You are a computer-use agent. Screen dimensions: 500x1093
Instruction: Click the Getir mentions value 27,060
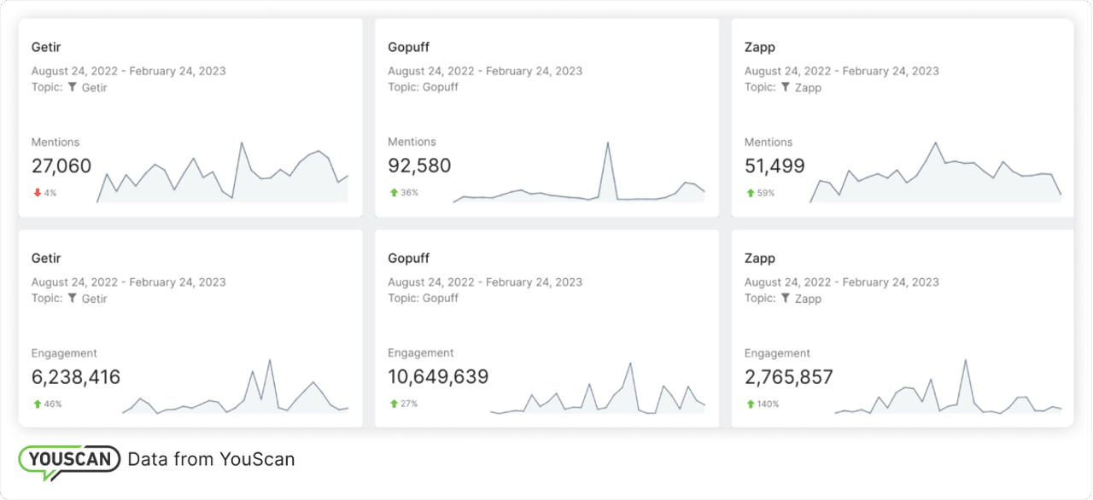[x=61, y=166]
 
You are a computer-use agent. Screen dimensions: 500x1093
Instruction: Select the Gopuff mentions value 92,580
[x=419, y=166]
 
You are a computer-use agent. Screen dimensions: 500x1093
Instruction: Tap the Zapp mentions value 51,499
[x=774, y=166]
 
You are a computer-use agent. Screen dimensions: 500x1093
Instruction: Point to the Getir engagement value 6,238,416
[x=76, y=377]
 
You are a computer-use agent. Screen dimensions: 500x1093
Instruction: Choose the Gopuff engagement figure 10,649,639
[x=438, y=377]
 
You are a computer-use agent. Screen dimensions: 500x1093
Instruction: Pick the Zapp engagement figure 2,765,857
[x=788, y=377]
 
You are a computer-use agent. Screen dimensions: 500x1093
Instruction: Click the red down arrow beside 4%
[x=37, y=193]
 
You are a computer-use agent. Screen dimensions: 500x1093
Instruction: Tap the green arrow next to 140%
[x=750, y=404]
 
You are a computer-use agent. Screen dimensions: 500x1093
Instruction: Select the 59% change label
[x=765, y=193]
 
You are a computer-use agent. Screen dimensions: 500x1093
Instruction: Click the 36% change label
[x=409, y=193]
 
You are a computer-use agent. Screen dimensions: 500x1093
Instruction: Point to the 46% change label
[x=52, y=404]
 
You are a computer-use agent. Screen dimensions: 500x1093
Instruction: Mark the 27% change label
[x=408, y=404]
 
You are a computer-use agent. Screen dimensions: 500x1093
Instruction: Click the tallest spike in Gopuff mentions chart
[x=608, y=143]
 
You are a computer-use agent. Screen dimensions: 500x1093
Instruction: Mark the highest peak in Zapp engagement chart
[x=966, y=360]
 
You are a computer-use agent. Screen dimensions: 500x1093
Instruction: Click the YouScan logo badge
[x=69, y=460]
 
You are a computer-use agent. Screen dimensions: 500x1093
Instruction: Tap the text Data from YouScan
[x=211, y=459]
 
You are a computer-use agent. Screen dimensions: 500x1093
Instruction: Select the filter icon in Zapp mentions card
[x=786, y=87]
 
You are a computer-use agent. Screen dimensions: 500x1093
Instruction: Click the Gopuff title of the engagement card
[x=408, y=258]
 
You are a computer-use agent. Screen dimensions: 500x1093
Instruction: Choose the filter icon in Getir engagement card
[x=73, y=298]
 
